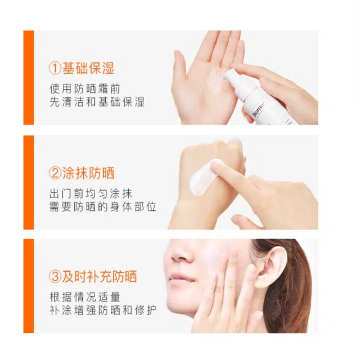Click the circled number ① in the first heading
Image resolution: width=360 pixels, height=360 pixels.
coord(55,69)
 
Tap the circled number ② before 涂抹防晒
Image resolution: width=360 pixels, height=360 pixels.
coord(55,173)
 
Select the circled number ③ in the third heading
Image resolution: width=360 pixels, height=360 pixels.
coord(55,276)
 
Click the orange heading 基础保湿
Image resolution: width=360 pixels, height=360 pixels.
coord(88,68)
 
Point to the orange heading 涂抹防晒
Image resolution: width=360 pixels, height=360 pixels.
coord(88,173)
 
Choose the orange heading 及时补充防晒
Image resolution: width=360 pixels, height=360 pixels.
coord(100,276)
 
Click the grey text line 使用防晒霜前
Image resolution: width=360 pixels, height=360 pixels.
coord(85,89)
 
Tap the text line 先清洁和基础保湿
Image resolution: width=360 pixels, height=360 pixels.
coord(97,102)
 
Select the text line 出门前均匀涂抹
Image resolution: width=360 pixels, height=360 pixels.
coord(91,193)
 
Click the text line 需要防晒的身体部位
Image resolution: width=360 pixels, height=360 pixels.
coord(103,206)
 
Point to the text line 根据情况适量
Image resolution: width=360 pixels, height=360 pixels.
coord(85,297)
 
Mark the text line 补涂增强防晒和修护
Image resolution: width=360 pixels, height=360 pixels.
coord(103,310)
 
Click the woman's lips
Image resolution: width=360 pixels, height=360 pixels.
coord(180,281)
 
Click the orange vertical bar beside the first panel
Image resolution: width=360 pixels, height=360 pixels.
coord(29,78)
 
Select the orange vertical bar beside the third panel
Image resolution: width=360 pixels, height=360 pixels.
coord(29,286)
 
